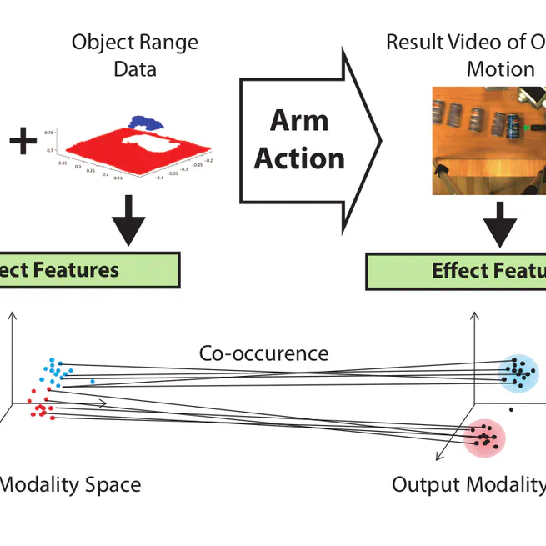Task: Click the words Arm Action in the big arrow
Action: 299,139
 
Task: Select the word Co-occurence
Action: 263,353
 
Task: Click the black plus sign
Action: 23,141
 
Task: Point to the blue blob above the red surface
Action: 147,121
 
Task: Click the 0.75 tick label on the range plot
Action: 49,133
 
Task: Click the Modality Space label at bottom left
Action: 70,484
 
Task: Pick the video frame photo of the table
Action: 488,140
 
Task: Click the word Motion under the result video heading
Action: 500,68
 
